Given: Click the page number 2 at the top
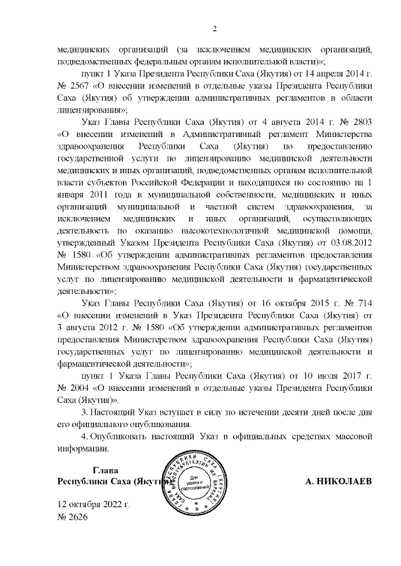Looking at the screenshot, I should point(214,28).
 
